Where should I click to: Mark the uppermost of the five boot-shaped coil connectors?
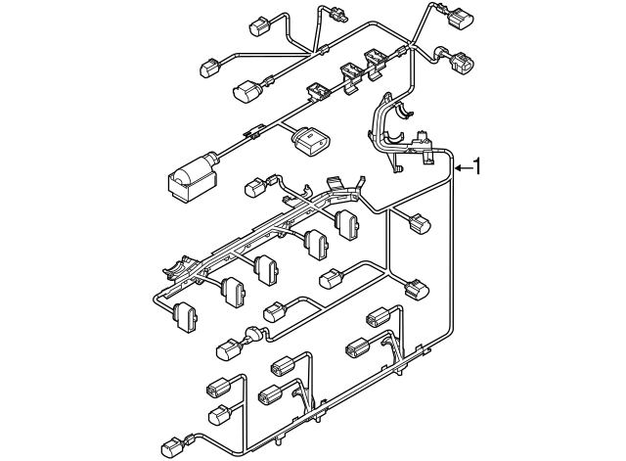click(x=345, y=221)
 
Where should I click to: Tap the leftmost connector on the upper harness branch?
click(x=211, y=69)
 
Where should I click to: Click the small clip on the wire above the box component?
click(x=256, y=129)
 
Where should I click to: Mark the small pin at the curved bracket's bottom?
click(x=401, y=169)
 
